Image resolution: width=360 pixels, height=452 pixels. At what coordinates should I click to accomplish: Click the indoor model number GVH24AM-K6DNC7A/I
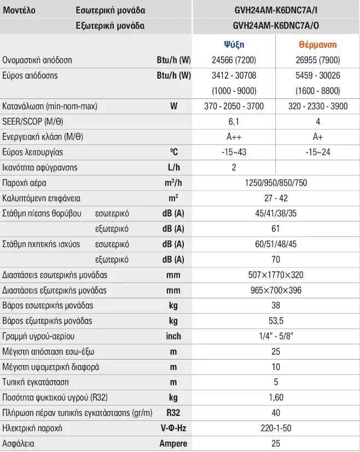[276, 10]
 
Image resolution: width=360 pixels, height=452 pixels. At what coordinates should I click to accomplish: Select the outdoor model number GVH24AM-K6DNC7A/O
[276, 26]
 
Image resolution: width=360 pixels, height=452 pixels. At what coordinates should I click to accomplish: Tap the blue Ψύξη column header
[234, 44]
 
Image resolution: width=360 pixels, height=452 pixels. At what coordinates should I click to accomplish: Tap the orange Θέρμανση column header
[317, 44]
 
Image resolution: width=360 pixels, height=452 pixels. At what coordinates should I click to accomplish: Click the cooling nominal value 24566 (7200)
[234, 60]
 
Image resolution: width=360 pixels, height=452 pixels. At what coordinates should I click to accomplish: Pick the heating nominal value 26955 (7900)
[318, 60]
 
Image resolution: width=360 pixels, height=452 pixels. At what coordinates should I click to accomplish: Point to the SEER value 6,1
[234, 122]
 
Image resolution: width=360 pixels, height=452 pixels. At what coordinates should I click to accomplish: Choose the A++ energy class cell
[234, 137]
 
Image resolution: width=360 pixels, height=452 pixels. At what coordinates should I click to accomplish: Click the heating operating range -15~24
[318, 152]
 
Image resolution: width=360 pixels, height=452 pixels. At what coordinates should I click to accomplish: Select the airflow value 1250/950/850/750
[276, 183]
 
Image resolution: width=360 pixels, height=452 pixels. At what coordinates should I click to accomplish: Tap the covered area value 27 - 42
[276, 198]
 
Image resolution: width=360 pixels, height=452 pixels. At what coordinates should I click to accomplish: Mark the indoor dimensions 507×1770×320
[276, 275]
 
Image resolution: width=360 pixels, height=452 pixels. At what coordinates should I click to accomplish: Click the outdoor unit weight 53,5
[276, 321]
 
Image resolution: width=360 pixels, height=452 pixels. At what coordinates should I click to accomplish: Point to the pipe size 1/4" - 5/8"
[276, 336]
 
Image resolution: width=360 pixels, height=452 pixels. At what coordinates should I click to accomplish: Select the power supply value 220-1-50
[276, 428]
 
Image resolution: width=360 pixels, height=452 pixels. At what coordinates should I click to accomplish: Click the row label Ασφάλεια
[18, 443]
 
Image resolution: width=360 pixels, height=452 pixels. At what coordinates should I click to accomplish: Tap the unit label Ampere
[173, 444]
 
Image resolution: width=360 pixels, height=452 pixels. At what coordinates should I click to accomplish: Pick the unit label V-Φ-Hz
[173, 428]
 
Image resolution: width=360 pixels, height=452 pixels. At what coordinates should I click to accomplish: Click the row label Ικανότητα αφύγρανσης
[40, 167]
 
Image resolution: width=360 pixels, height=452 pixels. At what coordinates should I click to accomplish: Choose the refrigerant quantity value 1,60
[276, 397]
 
